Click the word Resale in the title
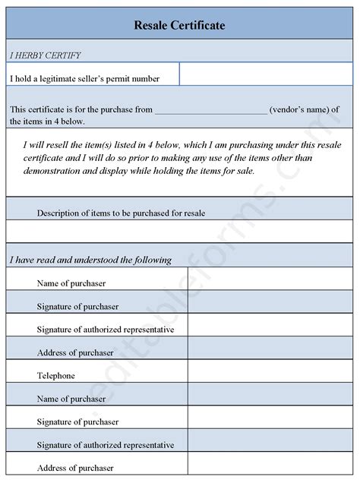point(153,26)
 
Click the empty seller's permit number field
point(266,74)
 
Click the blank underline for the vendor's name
point(210,109)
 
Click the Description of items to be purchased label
point(121,213)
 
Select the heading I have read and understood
point(90,260)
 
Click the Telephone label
point(55,375)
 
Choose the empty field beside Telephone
point(270,375)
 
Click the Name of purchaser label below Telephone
point(71,398)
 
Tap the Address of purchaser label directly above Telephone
point(74,352)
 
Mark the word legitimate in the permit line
point(72,77)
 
